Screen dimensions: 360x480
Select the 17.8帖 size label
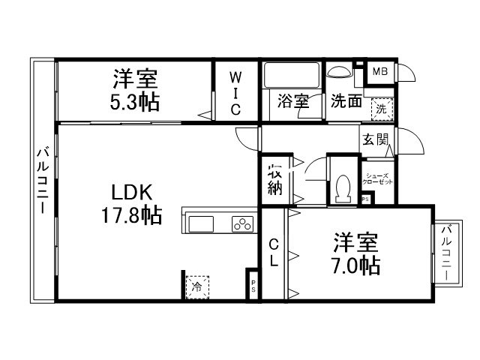131,217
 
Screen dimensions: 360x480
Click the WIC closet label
235,92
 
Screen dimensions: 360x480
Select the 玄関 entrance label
376,139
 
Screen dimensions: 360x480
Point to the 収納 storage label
274,178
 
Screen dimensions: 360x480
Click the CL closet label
274,253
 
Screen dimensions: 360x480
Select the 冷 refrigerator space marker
197,286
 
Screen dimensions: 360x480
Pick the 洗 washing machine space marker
382,109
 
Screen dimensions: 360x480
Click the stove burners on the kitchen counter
242,222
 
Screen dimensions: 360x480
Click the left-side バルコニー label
42,181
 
